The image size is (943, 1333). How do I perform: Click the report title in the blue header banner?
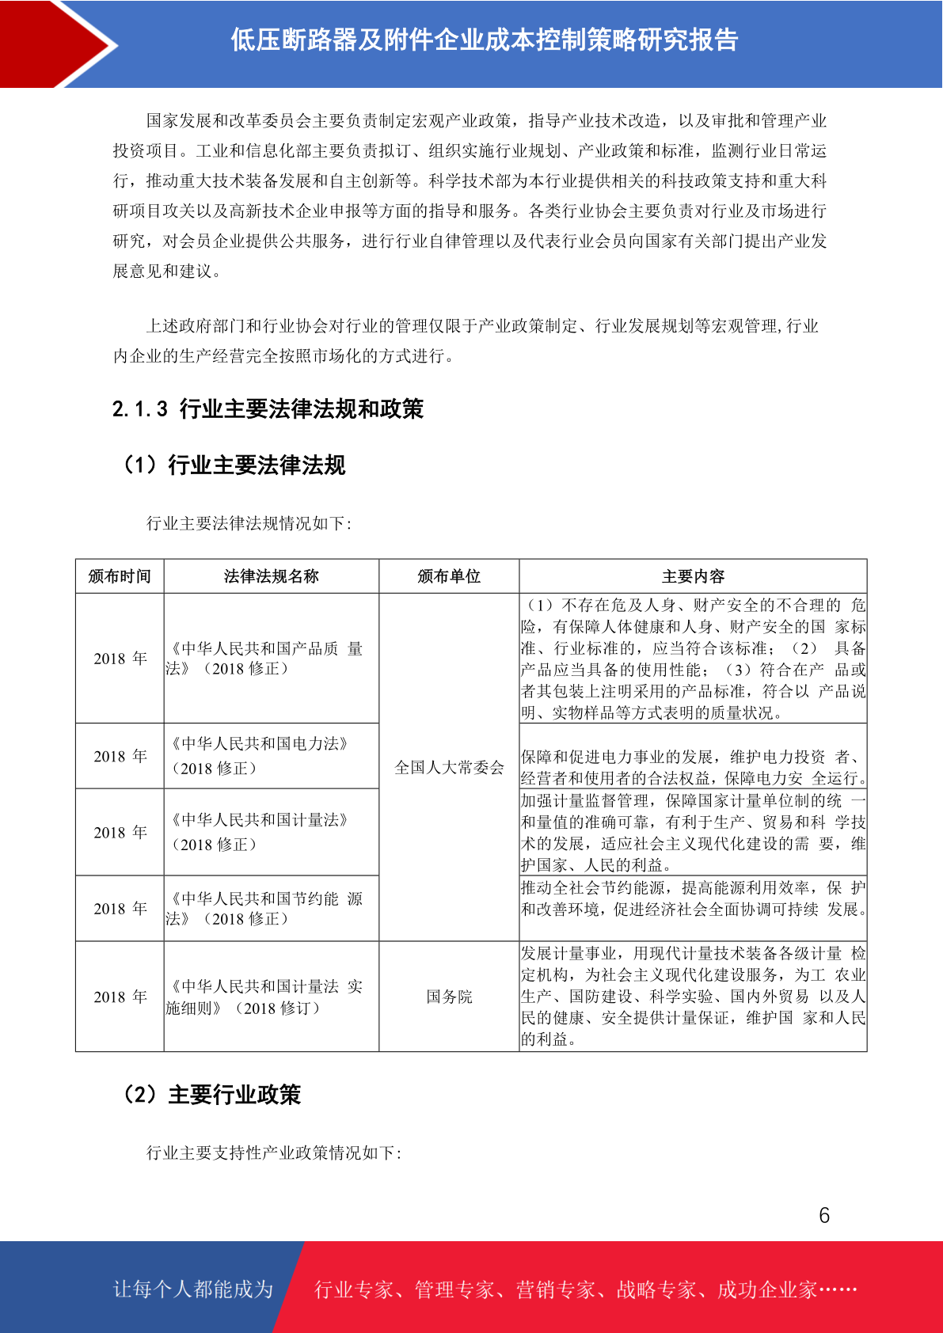click(x=484, y=40)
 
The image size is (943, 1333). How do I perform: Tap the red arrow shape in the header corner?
click(x=55, y=43)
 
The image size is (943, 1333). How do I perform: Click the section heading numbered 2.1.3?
click(x=268, y=408)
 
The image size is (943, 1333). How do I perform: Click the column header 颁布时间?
click(x=120, y=576)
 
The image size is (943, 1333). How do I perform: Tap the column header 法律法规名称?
click(x=271, y=576)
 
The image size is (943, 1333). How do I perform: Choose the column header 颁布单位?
click(x=449, y=576)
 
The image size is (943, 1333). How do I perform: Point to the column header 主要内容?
click(x=693, y=576)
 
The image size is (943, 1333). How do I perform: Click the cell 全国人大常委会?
click(x=449, y=767)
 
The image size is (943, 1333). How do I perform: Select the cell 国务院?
click(x=449, y=997)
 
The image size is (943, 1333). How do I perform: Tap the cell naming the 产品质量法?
click(x=264, y=659)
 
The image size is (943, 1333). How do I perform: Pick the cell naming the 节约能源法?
click(x=264, y=909)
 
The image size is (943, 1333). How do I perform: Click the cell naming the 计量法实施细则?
click(x=264, y=997)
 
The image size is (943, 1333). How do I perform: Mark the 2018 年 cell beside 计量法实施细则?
click(x=120, y=997)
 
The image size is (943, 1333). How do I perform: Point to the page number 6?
click(x=824, y=1215)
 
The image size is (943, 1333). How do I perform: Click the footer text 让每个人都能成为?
click(x=193, y=1289)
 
